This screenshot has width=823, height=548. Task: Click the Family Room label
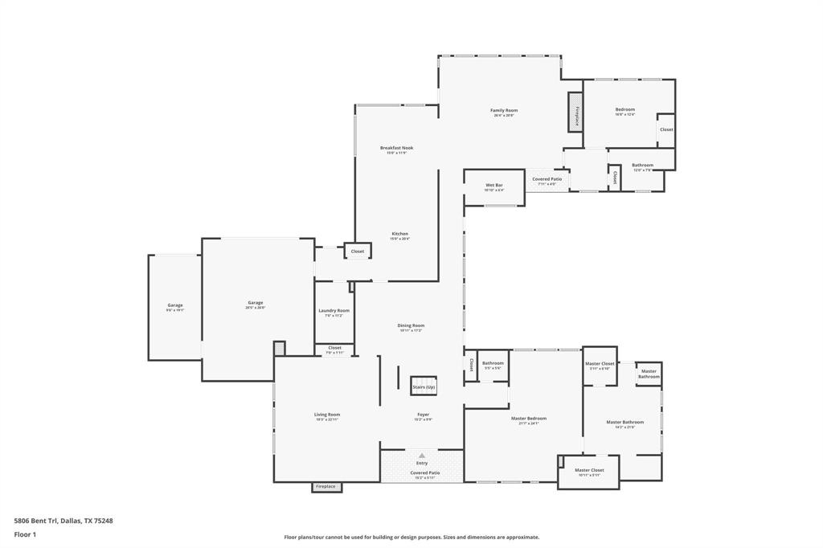(504, 111)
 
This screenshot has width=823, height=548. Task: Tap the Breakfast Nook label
(396, 149)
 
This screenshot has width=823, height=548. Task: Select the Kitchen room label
(399, 235)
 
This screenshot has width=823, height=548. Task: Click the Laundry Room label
(334, 311)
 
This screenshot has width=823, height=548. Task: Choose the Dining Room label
(410, 326)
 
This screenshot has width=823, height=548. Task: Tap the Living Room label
(326, 415)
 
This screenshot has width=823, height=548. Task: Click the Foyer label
(423, 415)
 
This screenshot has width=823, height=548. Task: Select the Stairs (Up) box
(424, 386)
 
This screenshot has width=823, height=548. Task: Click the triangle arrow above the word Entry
(422, 456)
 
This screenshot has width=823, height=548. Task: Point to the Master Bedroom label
(528, 419)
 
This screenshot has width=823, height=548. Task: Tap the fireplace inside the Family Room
(575, 111)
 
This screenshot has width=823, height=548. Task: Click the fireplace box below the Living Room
(326, 486)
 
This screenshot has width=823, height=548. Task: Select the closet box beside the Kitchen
(357, 252)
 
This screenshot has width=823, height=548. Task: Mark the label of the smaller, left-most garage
(174, 306)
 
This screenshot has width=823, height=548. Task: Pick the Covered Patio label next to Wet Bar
(547, 180)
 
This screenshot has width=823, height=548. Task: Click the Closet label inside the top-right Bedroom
(666, 129)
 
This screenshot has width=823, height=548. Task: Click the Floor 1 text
(27, 534)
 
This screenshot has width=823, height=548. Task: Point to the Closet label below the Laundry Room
(334, 349)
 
